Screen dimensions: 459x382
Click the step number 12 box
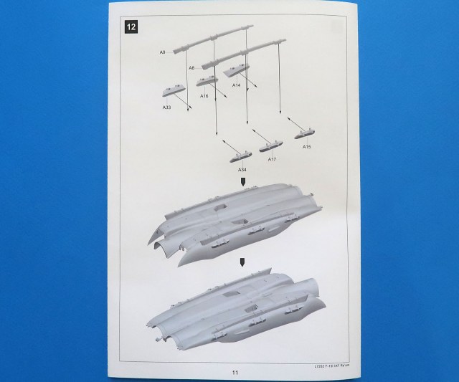pos(130,27)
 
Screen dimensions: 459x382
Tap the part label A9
pos(163,52)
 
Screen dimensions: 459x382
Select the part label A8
pos(192,67)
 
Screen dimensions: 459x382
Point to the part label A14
pos(236,85)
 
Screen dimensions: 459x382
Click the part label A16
pos(204,95)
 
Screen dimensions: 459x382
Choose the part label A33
pos(166,108)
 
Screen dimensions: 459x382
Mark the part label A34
pos(242,169)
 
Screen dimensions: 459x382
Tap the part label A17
pos(272,159)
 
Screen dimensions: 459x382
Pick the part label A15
pos(306,147)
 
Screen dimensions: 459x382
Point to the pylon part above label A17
pos(267,145)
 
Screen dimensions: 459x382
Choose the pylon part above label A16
pos(207,80)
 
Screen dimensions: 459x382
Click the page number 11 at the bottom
pos(235,371)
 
